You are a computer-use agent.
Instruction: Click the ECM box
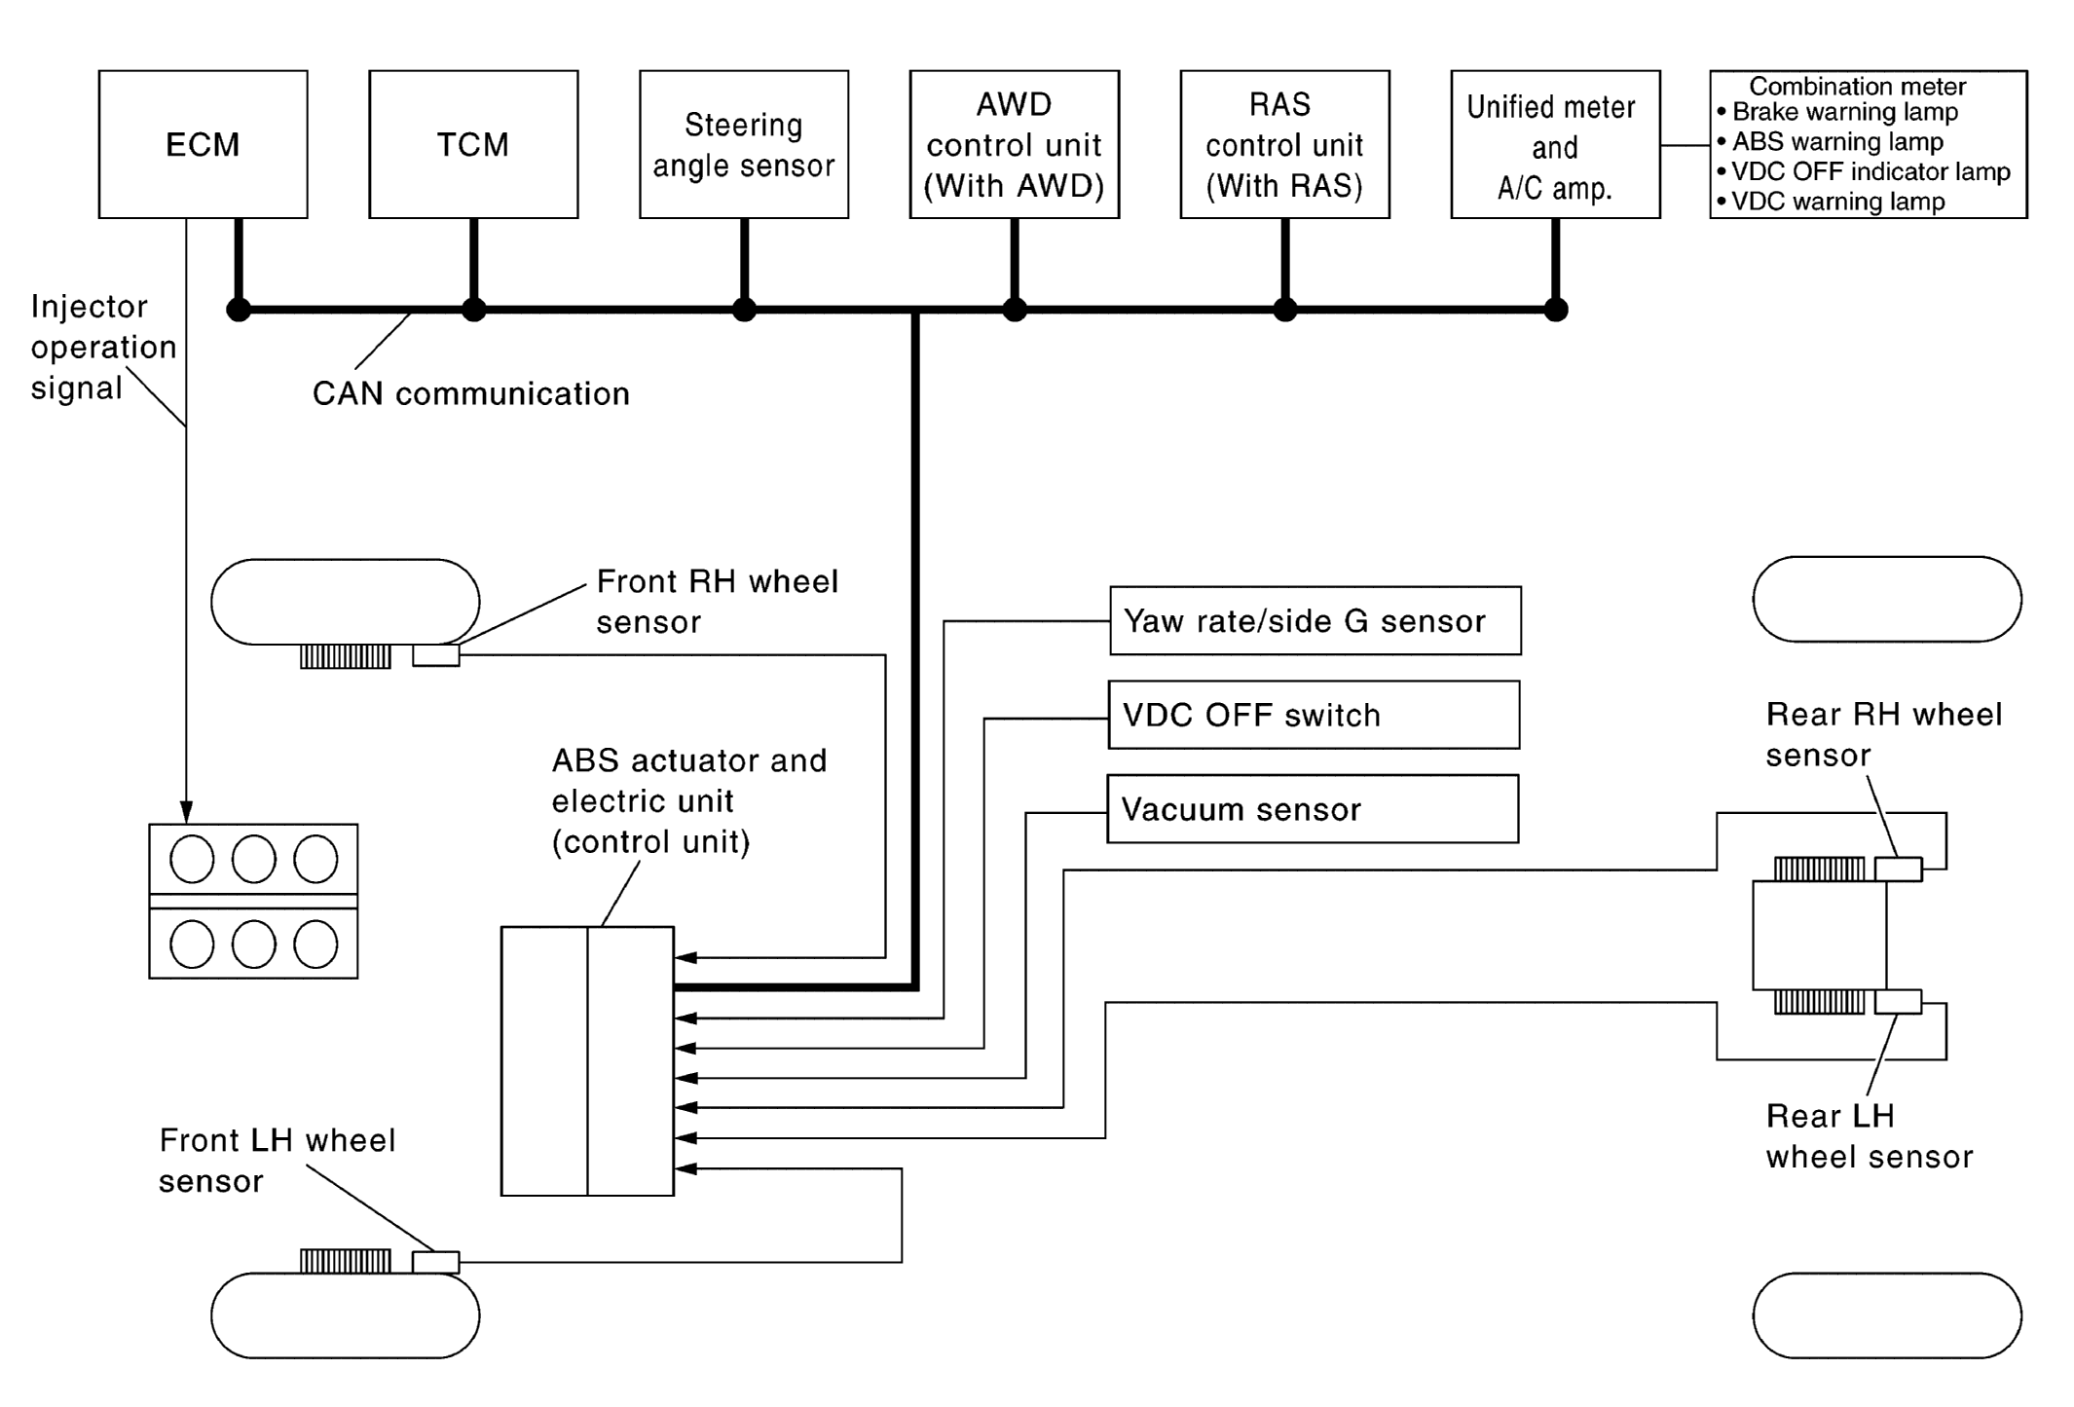(203, 144)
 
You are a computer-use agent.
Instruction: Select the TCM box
(473, 144)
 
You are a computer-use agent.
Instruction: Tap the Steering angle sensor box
(744, 144)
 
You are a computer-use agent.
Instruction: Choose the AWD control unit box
(1014, 144)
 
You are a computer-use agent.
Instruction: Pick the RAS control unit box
(1284, 144)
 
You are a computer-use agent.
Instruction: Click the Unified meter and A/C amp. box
(1555, 144)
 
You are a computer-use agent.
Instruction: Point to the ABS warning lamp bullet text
(1836, 142)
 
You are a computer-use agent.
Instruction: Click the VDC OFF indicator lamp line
(1870, 172)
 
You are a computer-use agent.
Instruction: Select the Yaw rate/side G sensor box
(1315, 620)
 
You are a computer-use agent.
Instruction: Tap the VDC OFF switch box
(1314, 715)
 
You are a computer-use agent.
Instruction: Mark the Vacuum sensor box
(1313, 809)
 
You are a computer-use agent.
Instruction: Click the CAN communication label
(471, 393)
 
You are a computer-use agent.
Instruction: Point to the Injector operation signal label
(103, 347)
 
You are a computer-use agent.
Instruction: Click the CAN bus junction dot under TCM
(473, 310)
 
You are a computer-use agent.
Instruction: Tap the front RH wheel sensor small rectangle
(435, 655)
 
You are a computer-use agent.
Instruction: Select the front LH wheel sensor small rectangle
(435, 1262)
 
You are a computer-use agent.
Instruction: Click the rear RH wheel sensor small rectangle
(1898, 869)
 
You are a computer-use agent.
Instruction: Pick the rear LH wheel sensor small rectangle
(1898, 1001)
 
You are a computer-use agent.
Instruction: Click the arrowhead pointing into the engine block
(186, 812)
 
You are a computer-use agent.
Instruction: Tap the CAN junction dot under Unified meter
(1556, 310)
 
